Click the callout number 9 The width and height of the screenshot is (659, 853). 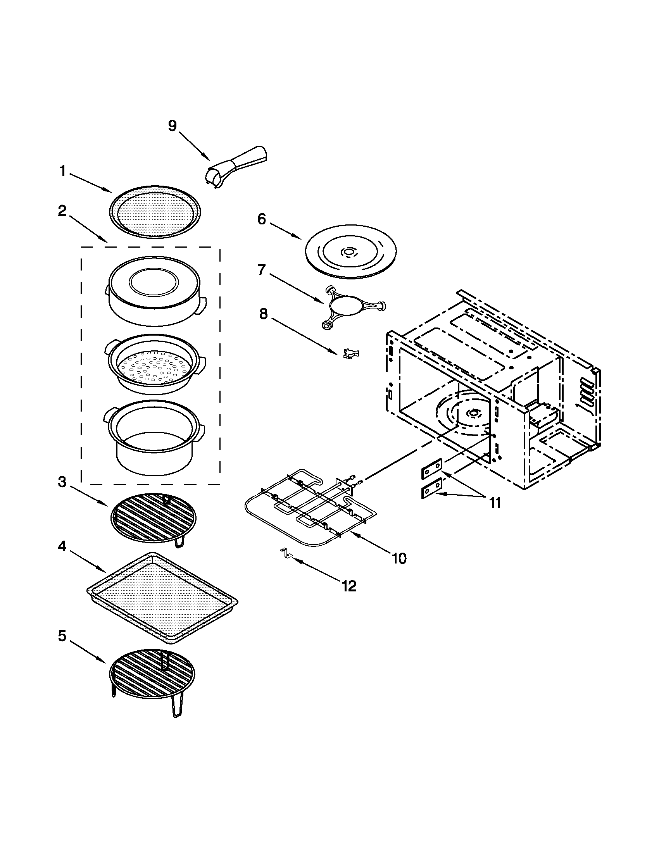pos(172,126)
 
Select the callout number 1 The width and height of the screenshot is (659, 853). pos(63,171)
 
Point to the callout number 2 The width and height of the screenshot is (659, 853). pos(62,211)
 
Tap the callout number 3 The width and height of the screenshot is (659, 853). pos(62,482)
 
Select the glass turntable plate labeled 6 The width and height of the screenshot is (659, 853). pos(350,252)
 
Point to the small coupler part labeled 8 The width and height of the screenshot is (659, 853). pos(350,354)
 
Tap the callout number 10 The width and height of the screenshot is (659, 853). pos(399,558)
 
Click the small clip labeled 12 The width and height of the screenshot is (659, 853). pos(286,553)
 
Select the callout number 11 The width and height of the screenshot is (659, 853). pos(495,503)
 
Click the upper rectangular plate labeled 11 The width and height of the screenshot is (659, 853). pos(432,468)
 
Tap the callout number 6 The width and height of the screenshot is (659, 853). pos(261,219)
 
